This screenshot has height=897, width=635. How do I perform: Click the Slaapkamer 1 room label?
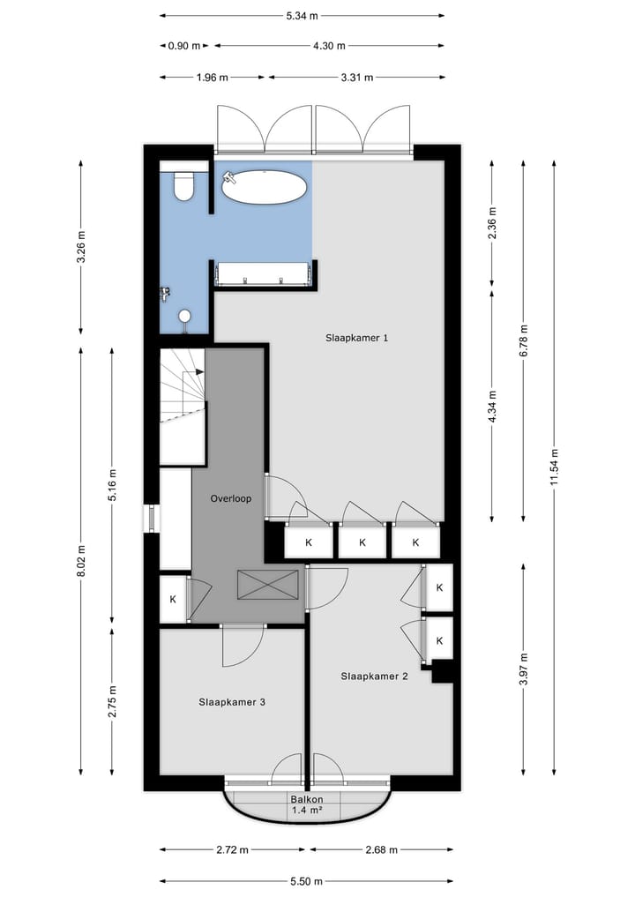357,338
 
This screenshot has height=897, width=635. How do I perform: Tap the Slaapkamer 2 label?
374,676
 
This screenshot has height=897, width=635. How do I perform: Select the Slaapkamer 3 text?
232,702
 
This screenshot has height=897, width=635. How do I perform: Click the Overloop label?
230,498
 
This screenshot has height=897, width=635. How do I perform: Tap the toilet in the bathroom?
184,186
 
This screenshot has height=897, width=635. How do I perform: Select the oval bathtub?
265,187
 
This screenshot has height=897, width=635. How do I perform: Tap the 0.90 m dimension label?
184,45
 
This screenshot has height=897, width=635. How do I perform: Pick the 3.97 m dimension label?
524,669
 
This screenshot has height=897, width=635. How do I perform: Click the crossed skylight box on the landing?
267,584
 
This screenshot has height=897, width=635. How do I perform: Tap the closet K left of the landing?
173,599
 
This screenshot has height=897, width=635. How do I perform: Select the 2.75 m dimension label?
113,701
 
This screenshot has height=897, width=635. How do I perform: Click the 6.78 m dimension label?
524,340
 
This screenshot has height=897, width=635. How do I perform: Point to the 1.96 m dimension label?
212,77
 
